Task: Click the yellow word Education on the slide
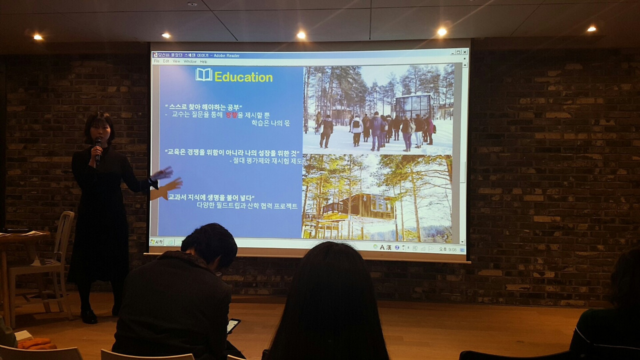243,77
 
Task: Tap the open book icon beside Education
203,75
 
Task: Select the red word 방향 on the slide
231,115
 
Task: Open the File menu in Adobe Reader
156,61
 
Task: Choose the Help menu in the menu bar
203,61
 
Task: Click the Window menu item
190,61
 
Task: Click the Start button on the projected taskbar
157,242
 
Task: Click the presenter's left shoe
89,316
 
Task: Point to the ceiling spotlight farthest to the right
591,29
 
